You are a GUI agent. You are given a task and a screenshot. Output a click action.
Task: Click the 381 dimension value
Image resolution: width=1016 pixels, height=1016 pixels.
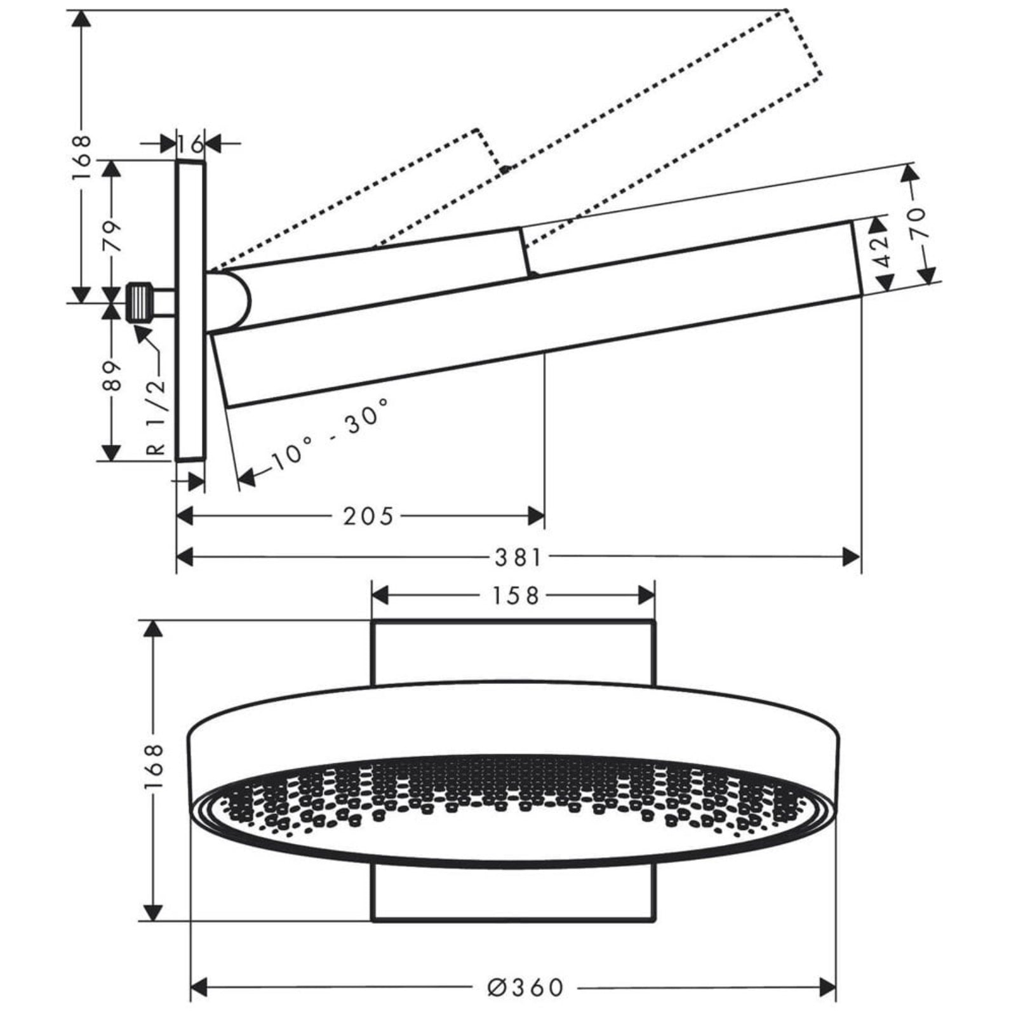click(x=518, y=558)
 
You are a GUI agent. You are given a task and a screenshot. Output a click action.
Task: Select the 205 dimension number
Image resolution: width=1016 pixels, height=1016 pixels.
click(x=368, y=516)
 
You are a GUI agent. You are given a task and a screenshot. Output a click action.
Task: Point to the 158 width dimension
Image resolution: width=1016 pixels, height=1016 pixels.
click(x=516, y=596)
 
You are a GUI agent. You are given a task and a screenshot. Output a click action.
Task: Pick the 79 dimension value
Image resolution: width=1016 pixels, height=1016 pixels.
click(x=112, y=236)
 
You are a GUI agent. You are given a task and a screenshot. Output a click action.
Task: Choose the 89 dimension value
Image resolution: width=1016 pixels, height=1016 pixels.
click(x=112, y=377)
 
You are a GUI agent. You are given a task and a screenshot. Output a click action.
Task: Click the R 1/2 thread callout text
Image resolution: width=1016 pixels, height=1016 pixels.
click(x=156, y=416)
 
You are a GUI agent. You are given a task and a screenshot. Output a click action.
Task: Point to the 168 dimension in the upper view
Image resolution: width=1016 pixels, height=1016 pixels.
click(x=82, y=157)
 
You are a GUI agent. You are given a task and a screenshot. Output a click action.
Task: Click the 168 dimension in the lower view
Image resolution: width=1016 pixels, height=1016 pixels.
click(x=153, y=768)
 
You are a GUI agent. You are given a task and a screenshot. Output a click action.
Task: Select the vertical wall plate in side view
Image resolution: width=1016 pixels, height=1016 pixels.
click(x=191, y=310)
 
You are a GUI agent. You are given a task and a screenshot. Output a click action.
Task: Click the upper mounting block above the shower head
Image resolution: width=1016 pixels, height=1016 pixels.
click(x=512, y=652)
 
